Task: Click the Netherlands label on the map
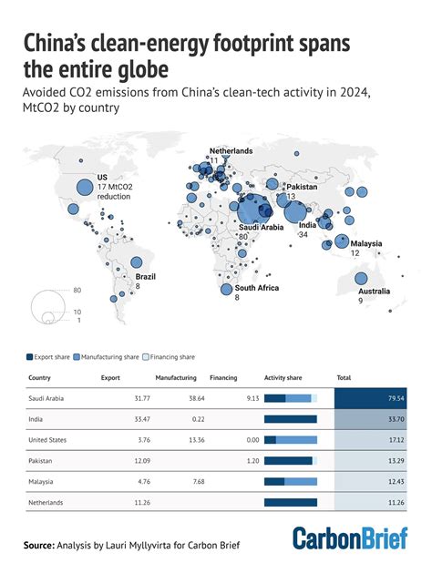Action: pyautogui.click(x=231, y=149)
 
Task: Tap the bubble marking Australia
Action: pyautogui.click(x=361, y=280)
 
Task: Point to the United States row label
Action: pyautogui.click(x=47, y=439)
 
